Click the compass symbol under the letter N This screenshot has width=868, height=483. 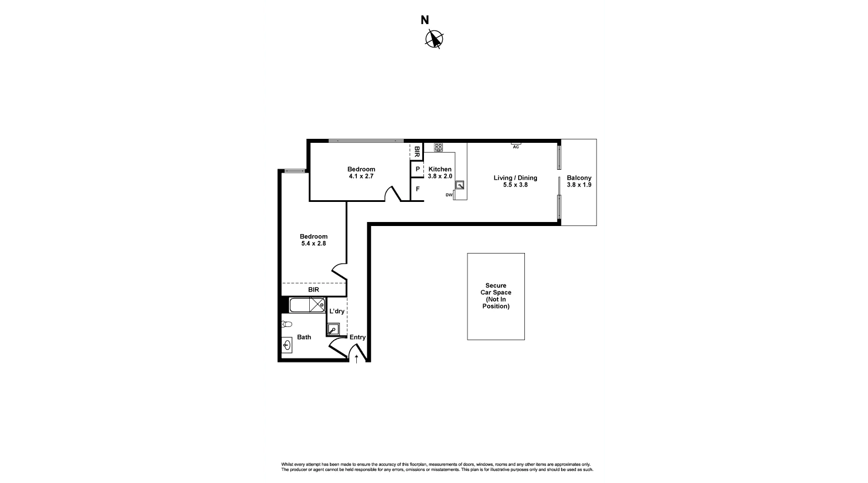(434, 39)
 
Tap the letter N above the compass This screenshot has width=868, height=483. (425, 21)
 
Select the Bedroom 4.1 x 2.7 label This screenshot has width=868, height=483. (361, 173)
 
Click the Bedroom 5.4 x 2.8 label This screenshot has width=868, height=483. (313, 240)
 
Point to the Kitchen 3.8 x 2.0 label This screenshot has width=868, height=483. (440, 173)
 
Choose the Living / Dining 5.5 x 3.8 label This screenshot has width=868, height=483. (515, 181)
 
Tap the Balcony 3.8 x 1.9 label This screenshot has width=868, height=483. (579, 181)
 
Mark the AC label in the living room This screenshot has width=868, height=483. (516, 147)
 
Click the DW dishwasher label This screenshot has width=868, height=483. (449, 195)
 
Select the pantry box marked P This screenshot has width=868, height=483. (417, 169)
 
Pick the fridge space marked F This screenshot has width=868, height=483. (417, 189)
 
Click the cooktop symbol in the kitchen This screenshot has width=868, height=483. (438, 147)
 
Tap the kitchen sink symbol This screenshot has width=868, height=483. (460, 185)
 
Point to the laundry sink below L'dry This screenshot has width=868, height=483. (333, 330)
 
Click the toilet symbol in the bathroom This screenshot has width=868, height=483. (287, 324)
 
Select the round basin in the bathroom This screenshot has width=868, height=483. (287, 345)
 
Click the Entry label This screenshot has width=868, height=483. (357, 337)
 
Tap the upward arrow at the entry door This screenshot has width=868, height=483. (356, 359)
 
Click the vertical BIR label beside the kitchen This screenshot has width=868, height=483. (417, 152)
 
